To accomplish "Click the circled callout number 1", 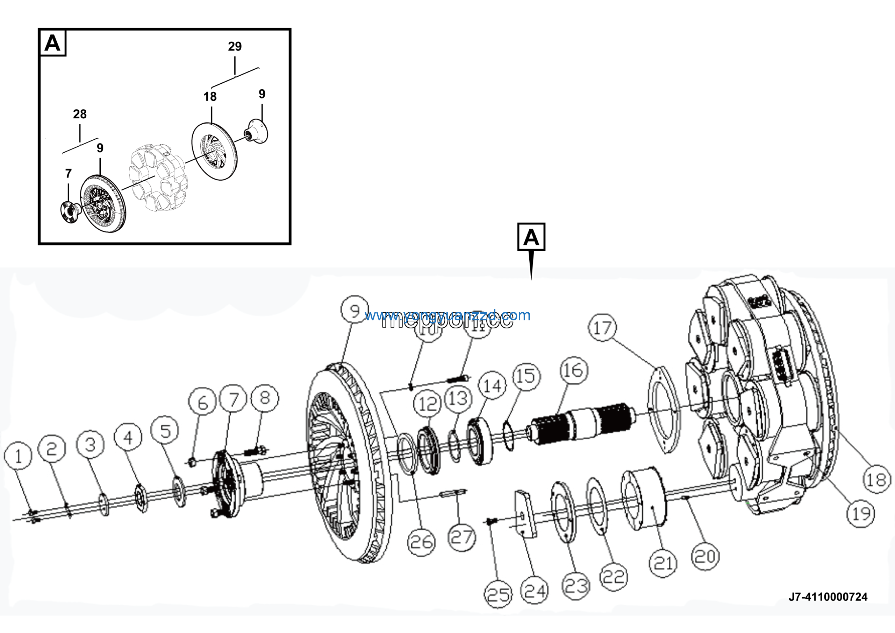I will (18, 455).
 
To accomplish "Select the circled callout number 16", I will (573, 370).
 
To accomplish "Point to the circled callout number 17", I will (603, 327).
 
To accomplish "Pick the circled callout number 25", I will (498, 594).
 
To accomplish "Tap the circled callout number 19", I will (861, 514).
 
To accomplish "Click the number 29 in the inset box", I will (235, 47).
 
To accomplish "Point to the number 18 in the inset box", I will (210, 96).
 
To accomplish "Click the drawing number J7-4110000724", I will (828, 597).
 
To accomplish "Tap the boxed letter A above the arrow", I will (531, 237).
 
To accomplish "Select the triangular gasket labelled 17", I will (663, 410).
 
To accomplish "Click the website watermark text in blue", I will (447, 315).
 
